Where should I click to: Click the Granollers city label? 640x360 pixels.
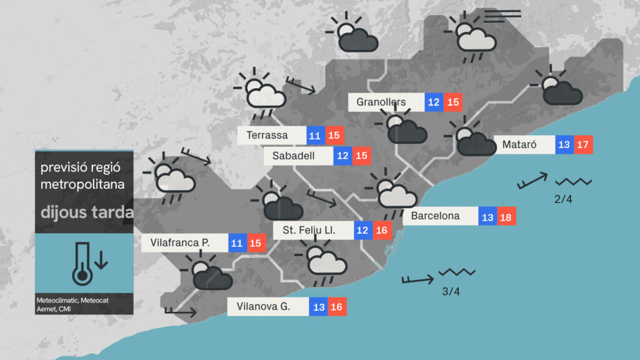point(381,102)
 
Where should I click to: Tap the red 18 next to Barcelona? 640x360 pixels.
point(506,216)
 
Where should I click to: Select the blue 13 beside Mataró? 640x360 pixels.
point(564,145)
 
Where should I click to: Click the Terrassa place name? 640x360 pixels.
point(267,135)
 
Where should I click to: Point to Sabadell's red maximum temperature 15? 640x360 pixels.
point(361,156)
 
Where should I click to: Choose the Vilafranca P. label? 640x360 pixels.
point(180,242)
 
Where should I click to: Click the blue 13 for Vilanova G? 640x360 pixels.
point(318,307)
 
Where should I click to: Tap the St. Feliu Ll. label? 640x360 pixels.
point(309,231)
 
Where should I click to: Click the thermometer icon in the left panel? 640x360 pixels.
point(84,263)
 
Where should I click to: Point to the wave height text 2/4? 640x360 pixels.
point(563,199)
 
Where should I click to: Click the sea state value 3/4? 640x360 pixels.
point(450,291)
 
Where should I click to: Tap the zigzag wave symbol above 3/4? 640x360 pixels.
point(457,273)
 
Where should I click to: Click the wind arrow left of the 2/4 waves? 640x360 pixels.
point(532,181)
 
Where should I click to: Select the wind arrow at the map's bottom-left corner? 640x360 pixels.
point(180,311)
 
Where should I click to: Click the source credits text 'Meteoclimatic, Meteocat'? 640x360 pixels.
point(72,301)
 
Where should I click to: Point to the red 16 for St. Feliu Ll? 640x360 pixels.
point(382,231)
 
